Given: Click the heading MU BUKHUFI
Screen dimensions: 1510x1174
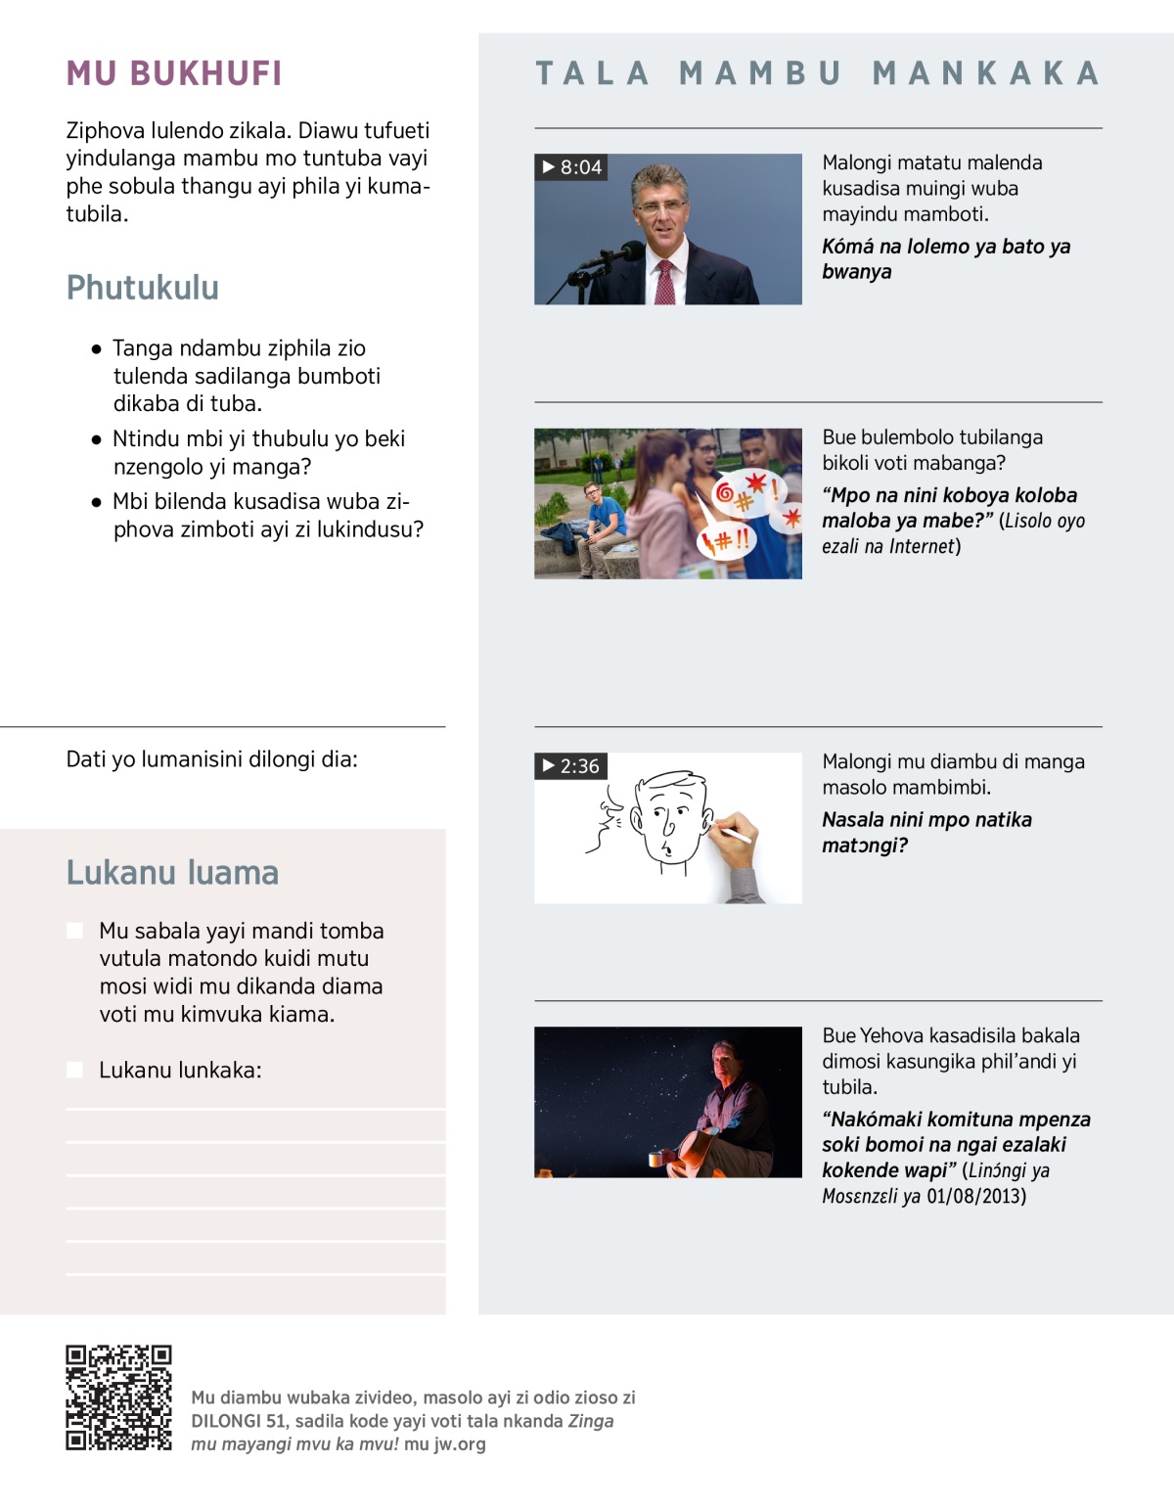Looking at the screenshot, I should [x=174, y=73].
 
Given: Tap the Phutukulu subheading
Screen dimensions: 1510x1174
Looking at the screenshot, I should [x=143, y=288].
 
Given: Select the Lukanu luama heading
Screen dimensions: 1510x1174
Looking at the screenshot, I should [x=172, y=872].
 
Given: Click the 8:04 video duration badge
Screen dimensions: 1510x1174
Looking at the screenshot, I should [x=571, y=167].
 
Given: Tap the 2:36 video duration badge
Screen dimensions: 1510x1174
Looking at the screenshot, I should [x=570, y=766].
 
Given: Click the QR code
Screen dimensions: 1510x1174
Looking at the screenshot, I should [x=118, y=1397].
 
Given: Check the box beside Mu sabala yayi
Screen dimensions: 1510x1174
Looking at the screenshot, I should [x=74, y=931].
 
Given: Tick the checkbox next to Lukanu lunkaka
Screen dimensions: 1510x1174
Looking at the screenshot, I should [x=74, y=1070].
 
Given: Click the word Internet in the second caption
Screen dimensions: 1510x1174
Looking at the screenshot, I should [x=922, y=546].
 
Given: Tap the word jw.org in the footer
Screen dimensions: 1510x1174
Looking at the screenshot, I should [x=459, y=1443].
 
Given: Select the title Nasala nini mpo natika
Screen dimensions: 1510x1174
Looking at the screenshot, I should [x=926, y=820].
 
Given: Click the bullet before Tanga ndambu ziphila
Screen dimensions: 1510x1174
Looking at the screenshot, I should [x=96, y=348].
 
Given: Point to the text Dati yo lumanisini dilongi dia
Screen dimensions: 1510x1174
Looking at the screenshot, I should [x=211, y=759].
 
